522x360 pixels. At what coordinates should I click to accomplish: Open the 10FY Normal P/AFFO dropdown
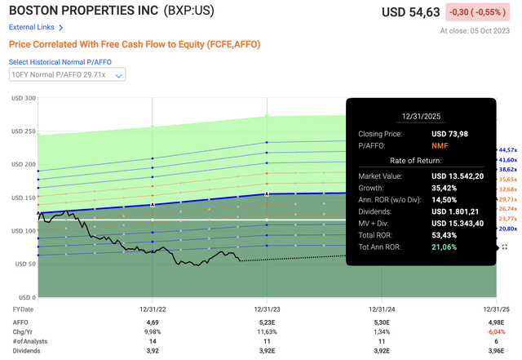pos(67,75)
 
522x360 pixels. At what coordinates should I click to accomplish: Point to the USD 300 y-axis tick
pos(23,99)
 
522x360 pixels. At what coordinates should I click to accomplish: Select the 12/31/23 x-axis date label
pos(268,309)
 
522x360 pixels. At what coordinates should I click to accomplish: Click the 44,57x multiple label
pos(509,150)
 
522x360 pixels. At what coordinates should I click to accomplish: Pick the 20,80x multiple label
pos(509,230)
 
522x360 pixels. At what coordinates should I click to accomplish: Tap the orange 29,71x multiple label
pos(509,198)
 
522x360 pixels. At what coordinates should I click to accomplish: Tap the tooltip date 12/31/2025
pos(421,116)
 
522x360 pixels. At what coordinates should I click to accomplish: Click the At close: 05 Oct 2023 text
pos(477,31)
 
